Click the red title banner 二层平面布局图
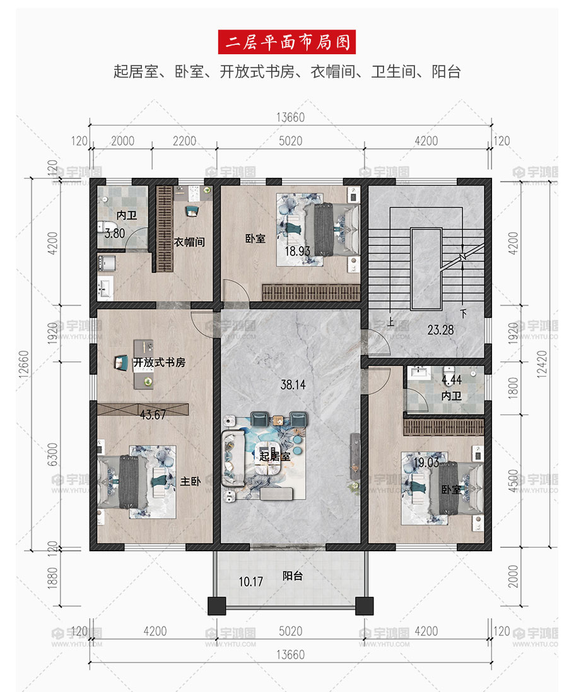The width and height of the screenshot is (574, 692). click(287, 42)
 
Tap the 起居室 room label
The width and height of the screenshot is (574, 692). click(275, 456)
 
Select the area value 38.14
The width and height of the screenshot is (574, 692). click(293, 385)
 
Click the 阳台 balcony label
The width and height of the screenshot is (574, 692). click(293, 575)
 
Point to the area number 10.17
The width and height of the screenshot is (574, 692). click(250, 582)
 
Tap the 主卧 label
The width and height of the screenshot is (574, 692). click(190, 481)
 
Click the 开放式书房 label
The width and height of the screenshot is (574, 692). click(160, 362)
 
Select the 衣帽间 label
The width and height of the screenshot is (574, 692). click(189, 242)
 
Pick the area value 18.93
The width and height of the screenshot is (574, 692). click(297, 251)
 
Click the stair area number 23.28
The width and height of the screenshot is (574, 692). click(440, 330)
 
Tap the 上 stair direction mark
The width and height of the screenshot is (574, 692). click(390, 322)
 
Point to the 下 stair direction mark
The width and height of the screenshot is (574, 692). click(463, 314)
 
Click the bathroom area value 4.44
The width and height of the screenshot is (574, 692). click(452, 380)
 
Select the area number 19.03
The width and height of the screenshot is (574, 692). click(426, 462)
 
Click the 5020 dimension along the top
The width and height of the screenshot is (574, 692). click(290, 141)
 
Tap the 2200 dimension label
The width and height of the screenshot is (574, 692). click(184, 141)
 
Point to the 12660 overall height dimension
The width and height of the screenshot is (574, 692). click(24, 364)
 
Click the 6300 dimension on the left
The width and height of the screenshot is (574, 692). click(52, 455)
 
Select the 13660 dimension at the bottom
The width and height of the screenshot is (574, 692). click(290, 655)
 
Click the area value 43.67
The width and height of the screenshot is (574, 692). click(153, 415)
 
